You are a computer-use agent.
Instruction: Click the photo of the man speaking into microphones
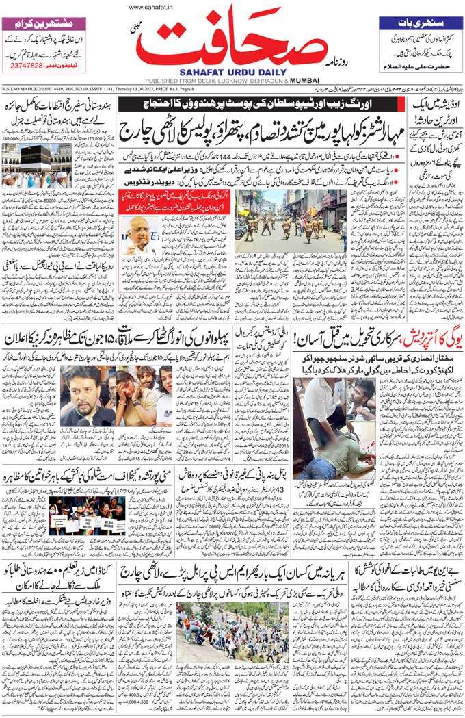click(x=87, y=396)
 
